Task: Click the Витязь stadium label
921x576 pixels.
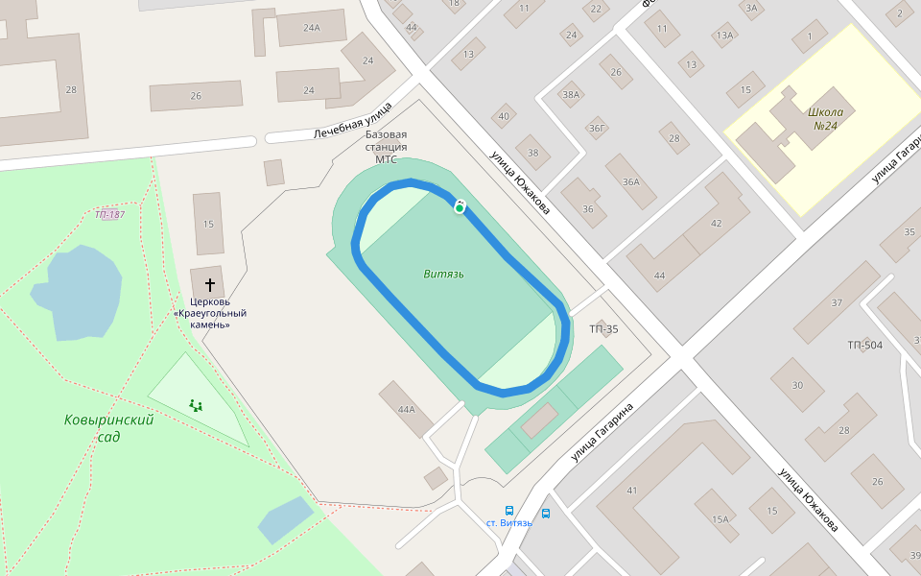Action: (444, 274)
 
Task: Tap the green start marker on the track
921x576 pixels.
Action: (460, 207)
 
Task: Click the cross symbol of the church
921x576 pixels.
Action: (210, 285)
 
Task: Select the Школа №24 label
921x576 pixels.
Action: (825, 118)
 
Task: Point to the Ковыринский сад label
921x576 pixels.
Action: (109, 428)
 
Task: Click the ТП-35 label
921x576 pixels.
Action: (603, 329)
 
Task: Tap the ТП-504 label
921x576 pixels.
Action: (864, 345)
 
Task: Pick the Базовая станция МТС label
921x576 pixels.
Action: (386, 147)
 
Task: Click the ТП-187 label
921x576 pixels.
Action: (109, 214)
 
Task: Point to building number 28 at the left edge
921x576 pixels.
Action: (70, 89)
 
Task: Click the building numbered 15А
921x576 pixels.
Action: (720, 519)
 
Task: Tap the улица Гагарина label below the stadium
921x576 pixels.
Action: (602, 433)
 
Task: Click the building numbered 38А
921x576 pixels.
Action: (572, 94)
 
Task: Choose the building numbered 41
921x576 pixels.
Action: (632, 491)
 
